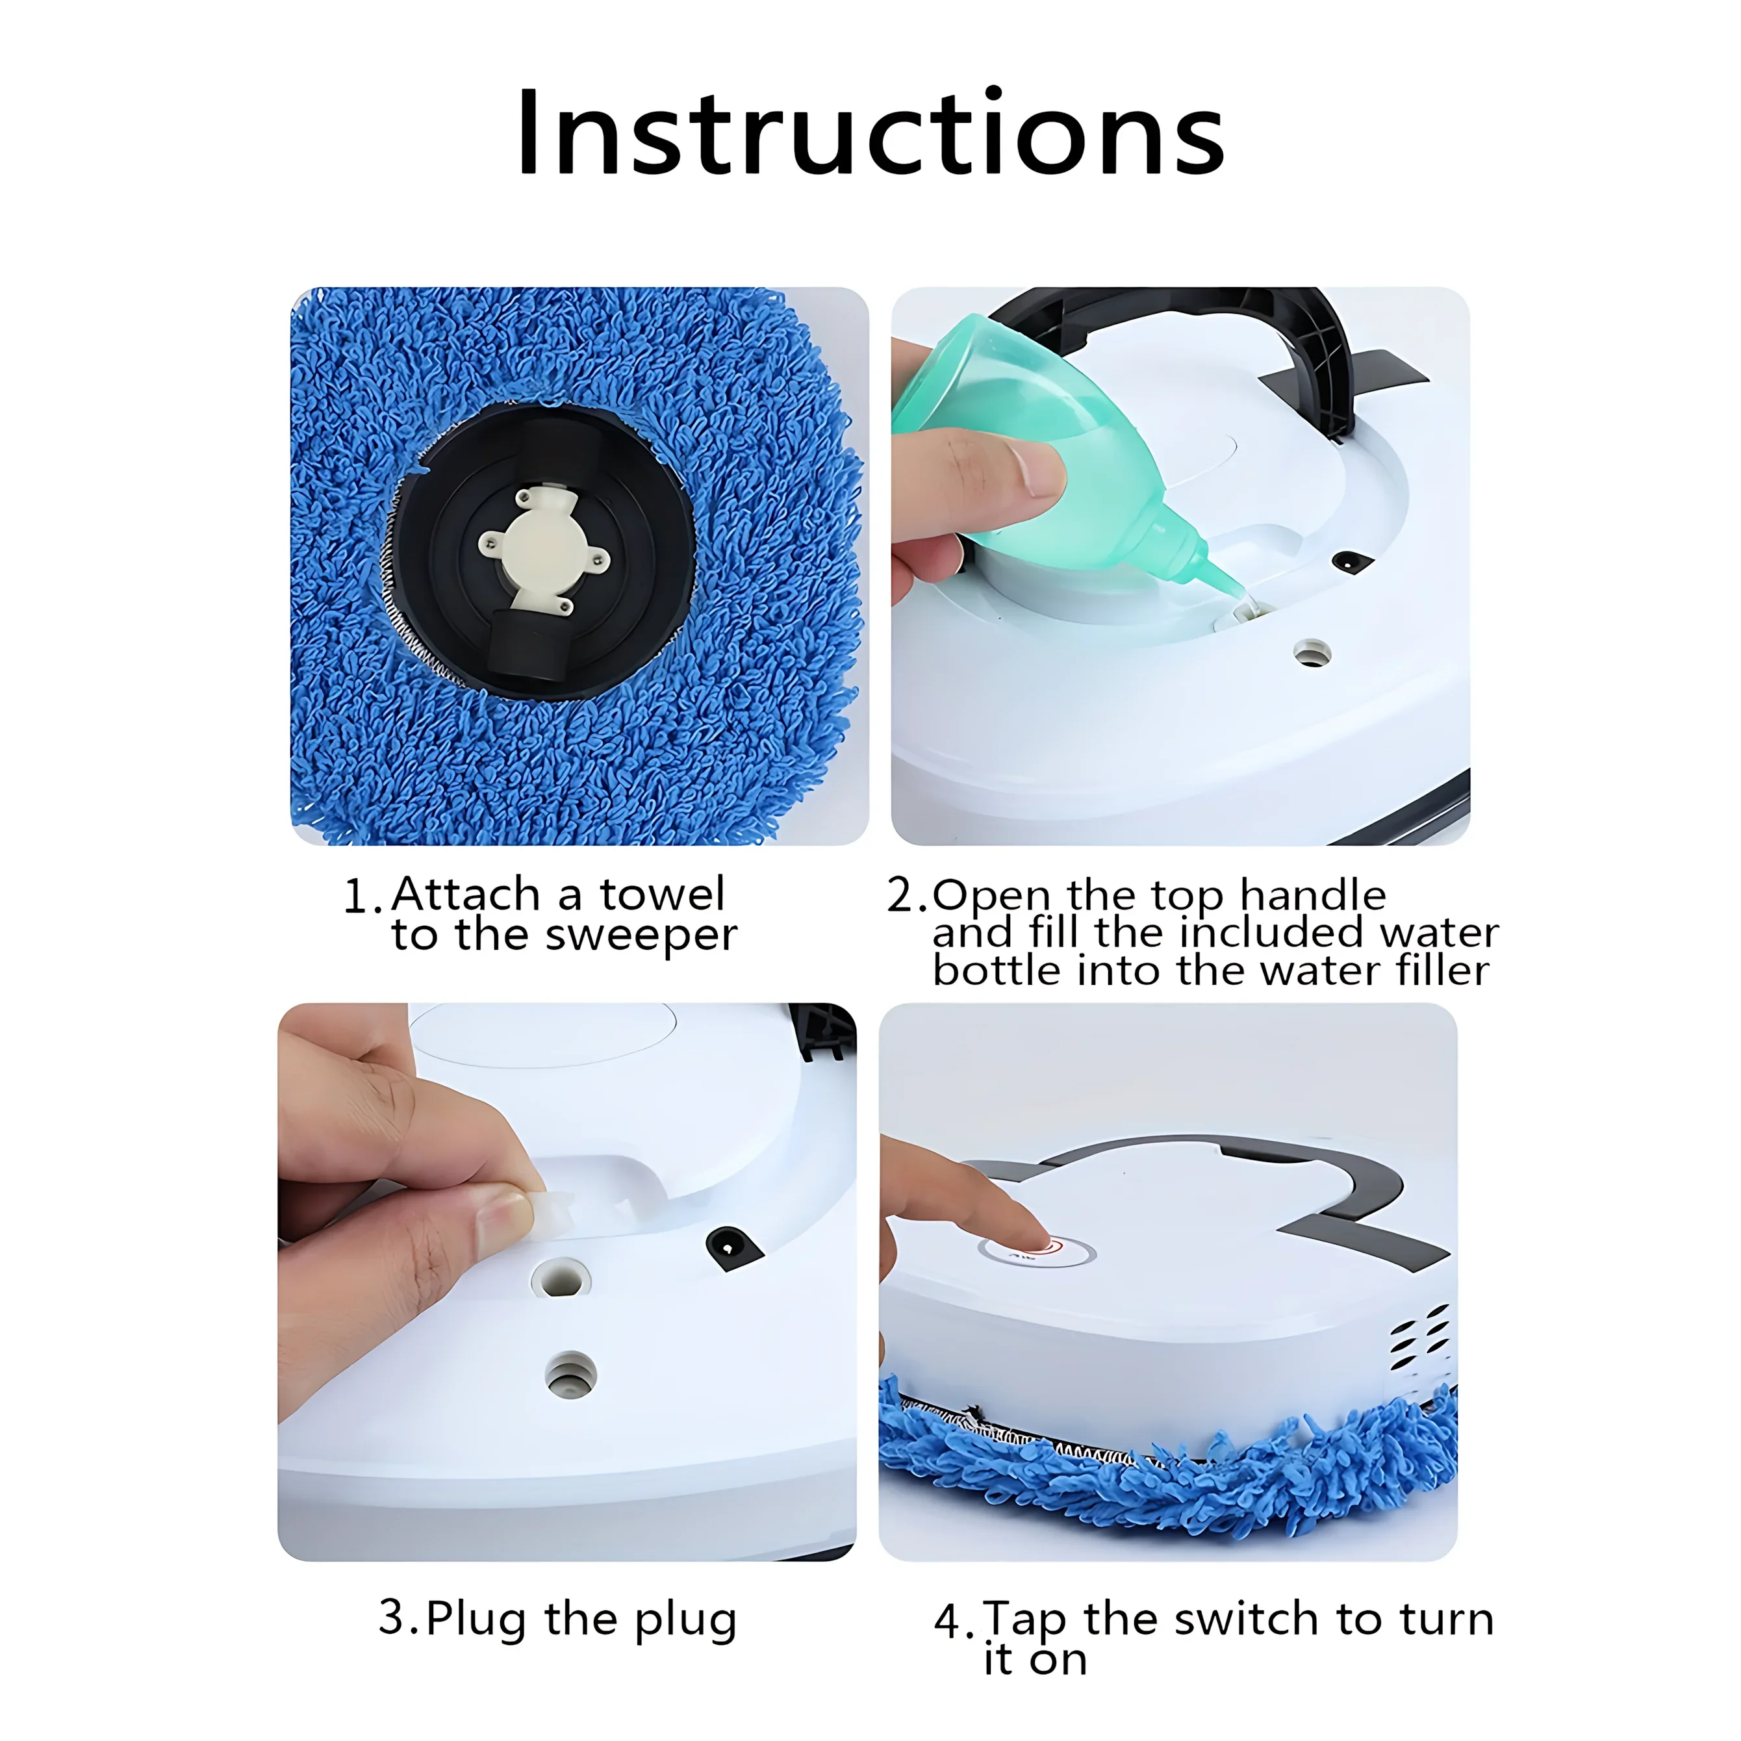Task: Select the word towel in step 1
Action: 663,895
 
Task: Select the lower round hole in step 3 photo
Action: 570,1376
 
